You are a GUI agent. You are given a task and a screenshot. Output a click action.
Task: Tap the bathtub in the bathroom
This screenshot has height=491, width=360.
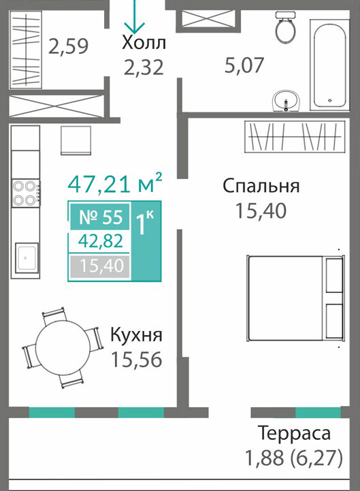[329, 64]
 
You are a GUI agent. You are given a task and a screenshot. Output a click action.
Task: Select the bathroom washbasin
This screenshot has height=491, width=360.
[286, 101]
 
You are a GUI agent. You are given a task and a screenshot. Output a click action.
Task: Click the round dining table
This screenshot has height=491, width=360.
[63, 347]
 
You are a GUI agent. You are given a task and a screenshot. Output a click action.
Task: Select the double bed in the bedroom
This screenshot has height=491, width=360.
[297, 298]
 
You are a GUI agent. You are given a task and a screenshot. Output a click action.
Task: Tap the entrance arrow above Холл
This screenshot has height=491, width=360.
[134, 16]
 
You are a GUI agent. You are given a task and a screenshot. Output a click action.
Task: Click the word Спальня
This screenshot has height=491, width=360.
[261, 186]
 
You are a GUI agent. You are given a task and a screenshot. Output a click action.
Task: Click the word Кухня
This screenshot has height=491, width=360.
[137, 335]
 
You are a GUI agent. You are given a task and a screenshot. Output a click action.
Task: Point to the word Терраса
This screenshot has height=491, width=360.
[294, 434]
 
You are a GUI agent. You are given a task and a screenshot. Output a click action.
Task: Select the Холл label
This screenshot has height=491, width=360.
[144, 43]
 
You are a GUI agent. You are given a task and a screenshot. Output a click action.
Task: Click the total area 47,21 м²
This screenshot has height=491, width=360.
[115, 183]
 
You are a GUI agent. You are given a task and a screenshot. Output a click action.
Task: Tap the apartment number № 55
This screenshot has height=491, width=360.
[101, 217]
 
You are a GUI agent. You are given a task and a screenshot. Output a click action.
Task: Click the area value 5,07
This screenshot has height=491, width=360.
[244, 65]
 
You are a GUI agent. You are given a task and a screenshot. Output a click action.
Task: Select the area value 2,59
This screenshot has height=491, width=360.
[69, 46]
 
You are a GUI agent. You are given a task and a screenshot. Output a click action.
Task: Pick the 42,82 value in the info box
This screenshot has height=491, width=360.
[101, 241]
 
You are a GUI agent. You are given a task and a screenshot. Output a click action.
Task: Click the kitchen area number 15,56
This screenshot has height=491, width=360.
[137, 360]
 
